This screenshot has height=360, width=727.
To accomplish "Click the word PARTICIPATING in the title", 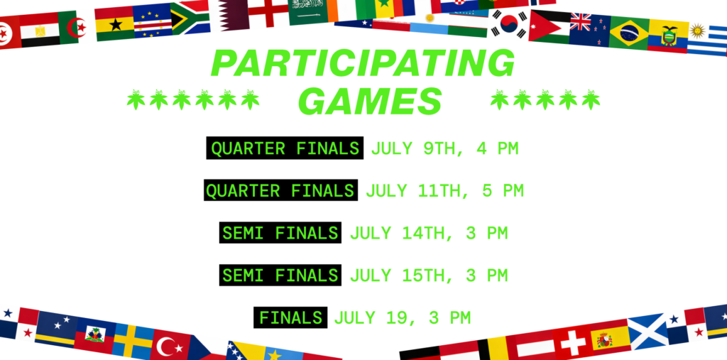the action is tap(363, 63).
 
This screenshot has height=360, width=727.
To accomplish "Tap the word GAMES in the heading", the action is tap(369, 102).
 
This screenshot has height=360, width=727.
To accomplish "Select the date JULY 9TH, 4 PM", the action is tap(444, 149).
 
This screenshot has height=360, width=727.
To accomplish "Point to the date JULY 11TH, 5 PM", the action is tap(444, 191).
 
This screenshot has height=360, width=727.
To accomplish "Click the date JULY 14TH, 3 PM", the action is tap(429, 234).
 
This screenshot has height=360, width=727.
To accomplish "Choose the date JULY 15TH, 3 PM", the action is tap(429, 276).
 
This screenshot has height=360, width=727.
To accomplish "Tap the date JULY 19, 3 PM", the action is tap(402, 318).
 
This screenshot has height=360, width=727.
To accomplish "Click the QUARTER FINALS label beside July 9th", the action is tap(285, 148).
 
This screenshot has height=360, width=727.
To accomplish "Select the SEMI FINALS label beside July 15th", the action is tap(280, 276).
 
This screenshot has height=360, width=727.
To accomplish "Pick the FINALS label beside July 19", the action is tap(290, 318).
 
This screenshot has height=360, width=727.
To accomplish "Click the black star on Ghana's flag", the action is tap(115, 24).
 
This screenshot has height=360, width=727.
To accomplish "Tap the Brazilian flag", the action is tap(629, 33).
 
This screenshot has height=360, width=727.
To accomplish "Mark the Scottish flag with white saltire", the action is tap(647, 331).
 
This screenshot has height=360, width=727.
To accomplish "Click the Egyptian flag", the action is tap(40, 29).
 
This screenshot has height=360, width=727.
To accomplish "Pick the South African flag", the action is tap(190, 18).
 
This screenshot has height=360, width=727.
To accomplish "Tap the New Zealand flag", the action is tap(590, 29).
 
